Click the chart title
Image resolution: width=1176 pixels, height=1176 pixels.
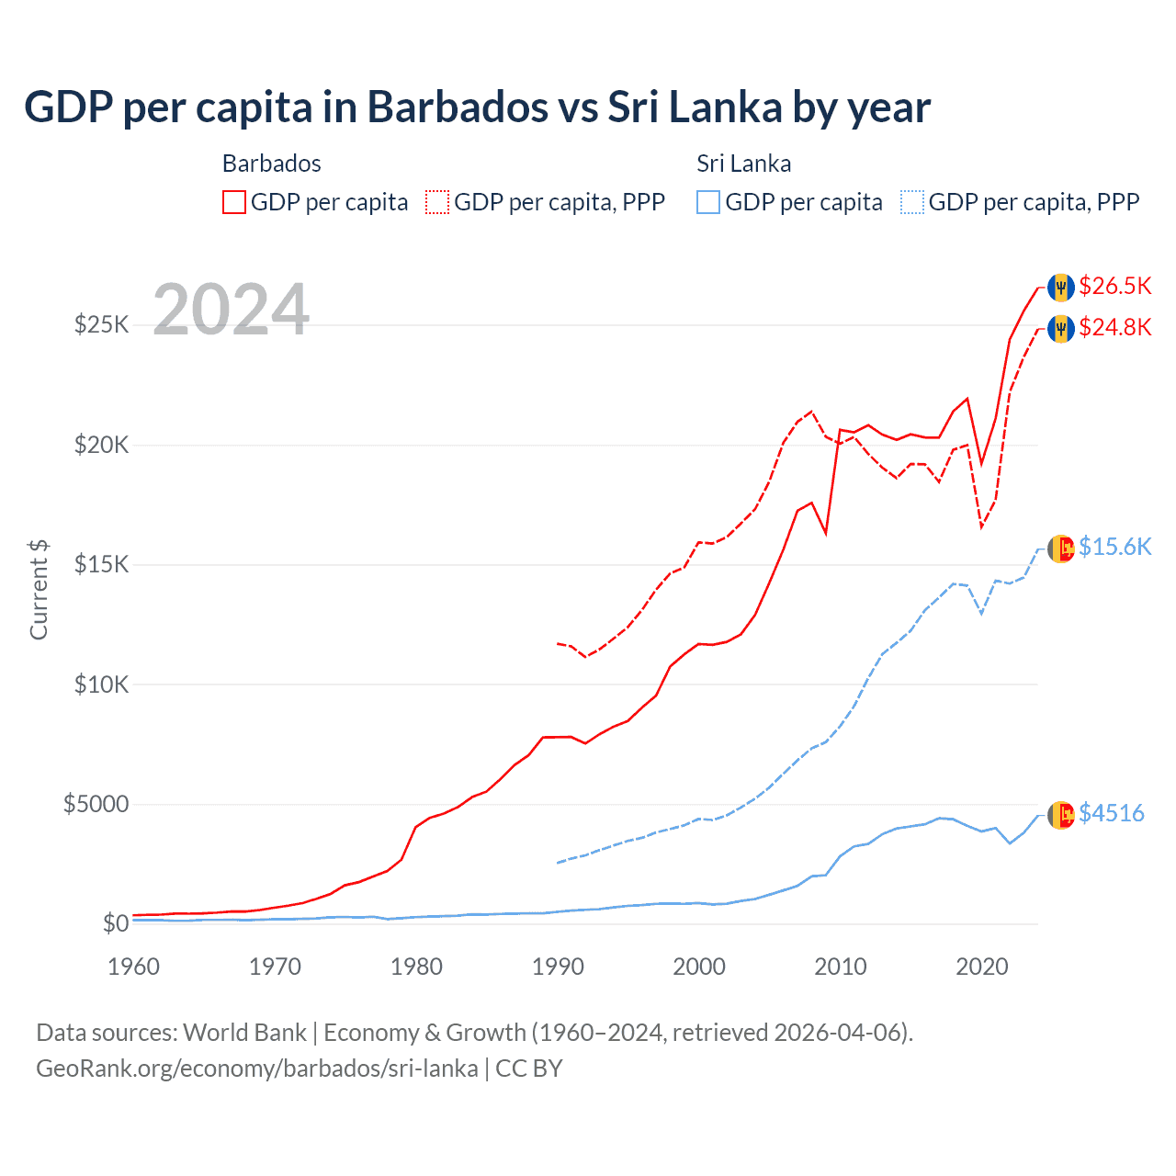point(477,107)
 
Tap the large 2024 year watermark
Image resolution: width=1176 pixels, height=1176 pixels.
point(231,310)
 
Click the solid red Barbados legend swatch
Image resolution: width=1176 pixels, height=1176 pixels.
point(234,202)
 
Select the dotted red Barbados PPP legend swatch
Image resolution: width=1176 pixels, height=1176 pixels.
point(437,202)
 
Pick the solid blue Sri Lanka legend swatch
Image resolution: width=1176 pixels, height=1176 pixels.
point(708,202)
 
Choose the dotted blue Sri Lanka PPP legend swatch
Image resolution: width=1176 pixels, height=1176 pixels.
point(912,202)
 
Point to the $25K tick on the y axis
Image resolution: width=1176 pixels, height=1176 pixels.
point(101,325)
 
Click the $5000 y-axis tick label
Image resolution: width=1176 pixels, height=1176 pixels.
point(96,805)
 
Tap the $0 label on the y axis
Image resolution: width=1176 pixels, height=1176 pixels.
point(115,924)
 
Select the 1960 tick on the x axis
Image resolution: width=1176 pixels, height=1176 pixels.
point(134,967)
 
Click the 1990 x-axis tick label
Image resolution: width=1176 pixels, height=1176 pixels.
point(558,967)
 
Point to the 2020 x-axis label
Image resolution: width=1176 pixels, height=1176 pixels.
point(982,967)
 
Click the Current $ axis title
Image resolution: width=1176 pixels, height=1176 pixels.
point(39,590)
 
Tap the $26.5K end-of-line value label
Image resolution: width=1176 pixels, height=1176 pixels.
point(1114,287)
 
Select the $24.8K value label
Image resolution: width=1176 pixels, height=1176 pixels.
point(1114,328)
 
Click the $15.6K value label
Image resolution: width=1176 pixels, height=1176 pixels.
point(1114,548)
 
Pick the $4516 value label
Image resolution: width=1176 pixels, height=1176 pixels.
point(1111,814)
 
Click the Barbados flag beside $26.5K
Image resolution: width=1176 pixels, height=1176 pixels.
point(1061,288)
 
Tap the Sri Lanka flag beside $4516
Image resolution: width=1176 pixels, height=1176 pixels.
point(1061,814)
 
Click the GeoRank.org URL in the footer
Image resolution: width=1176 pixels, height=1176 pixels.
point(257,1069)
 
